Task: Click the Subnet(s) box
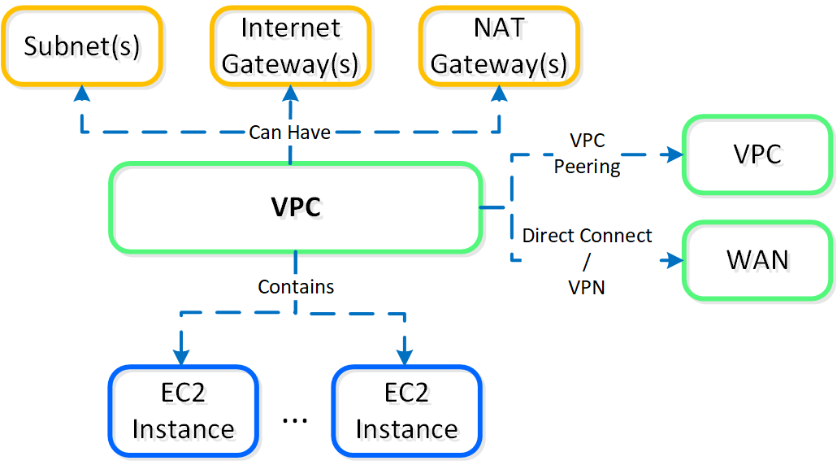[x=81, y=46]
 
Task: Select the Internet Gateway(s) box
[x=290, y=46]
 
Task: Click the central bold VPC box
[x=296, y=207]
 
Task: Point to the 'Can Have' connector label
[x=289, y=133]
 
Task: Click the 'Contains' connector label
[x=296, y=286]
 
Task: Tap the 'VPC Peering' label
[x=587, y=154]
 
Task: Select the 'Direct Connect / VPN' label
[x=587, y=261]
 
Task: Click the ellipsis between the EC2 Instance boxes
[x=294, y=419]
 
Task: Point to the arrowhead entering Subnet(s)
[x=81, y=93]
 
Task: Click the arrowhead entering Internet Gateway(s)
[x=290, y=93]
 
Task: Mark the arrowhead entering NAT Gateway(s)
[x=498, y=93]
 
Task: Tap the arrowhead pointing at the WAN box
[x=673, y=261]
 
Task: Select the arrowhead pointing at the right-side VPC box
[x=673, y=154]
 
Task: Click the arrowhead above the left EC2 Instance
[x=180, y=357]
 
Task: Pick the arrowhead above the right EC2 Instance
[x=404, y=357]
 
